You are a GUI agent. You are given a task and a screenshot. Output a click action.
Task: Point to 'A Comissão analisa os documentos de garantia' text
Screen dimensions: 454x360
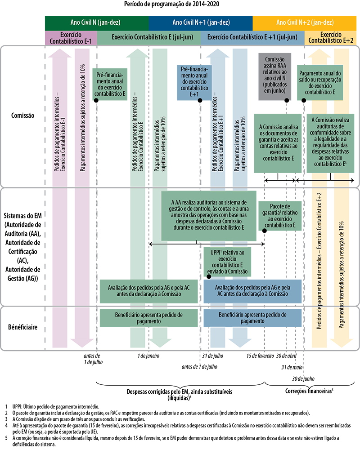pos(279,143)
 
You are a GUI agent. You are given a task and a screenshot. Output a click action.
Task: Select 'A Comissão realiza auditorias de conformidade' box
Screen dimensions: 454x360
pos(330,142)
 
